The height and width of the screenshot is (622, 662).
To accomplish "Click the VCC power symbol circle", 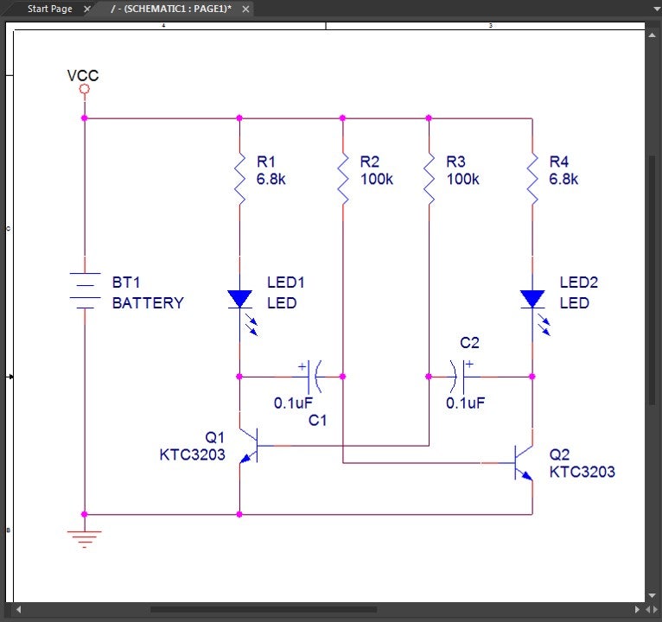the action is (x=85, y=89).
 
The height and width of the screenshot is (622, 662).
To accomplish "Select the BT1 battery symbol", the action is (x=85, y=290).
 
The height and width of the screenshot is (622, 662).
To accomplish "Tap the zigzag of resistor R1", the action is (x=239, y=180).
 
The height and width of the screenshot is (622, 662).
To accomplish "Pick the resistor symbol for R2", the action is (x=343, y=180).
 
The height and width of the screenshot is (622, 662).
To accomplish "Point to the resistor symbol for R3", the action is (x=429, y=180).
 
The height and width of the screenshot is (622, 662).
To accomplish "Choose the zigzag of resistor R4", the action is (x=532, y=180).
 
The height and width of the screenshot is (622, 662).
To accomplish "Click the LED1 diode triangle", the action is (x=239, y=299).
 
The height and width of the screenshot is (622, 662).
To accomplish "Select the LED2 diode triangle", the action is (x=532, y=299).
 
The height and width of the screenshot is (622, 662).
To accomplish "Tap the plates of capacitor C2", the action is (x=459, y=377).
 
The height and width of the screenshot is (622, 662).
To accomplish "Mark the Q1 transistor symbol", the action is (x=250, y=446).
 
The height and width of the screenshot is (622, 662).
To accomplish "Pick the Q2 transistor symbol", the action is (x=524, y=463).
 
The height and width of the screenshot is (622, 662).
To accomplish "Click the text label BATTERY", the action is (x=148, y=303).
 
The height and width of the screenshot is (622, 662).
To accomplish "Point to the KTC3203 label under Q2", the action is (x=582, y=472).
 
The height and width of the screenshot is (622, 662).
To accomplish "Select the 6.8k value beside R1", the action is (x=271, y=179).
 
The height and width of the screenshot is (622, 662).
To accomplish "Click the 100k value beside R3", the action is (x=462, y=179).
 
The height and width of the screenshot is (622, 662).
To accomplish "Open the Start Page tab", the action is (x=50, y=9).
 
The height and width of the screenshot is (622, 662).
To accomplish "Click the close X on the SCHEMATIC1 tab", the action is (x=245, y=9).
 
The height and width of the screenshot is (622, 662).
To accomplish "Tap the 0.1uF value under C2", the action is (x=465, y=403).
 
